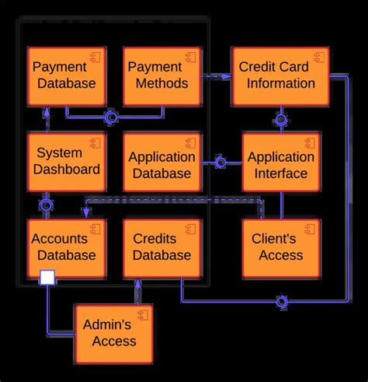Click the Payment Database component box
[66, 75]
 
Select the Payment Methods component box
[161, 75]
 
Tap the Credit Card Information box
[280, 75]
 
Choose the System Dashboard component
[66, 161]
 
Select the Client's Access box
[280, 247]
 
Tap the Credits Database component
[161, 247]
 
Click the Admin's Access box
[113, 332]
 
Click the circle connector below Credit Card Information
[280, 120]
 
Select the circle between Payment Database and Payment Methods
[111, 117]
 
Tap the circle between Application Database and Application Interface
[220, 163]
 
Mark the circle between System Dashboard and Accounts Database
[47, 205]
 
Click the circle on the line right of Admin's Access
[282, 301]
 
